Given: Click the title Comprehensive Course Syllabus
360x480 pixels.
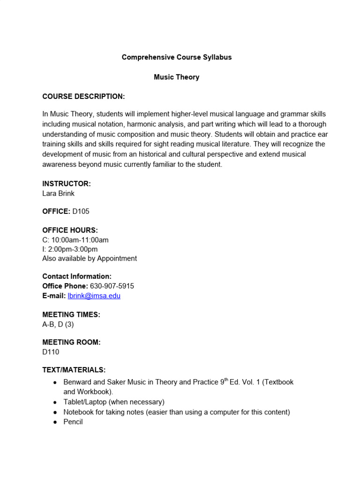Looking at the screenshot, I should [177, 57].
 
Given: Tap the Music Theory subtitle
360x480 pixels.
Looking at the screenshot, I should [177, 77].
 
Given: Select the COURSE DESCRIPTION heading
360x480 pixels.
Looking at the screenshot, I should [83, 97].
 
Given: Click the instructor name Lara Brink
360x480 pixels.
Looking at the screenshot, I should [58, 193].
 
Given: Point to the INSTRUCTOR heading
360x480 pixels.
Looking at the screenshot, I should [67, 184].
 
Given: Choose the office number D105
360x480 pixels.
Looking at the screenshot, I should [81, 211].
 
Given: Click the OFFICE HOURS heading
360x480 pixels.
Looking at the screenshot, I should [70, 230].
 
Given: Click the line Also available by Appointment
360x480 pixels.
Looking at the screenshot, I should [90, 258].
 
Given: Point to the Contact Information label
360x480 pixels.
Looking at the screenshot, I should [77, 277].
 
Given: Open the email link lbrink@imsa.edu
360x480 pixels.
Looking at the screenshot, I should [94, 296].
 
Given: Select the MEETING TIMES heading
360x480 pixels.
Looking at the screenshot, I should [71, 314].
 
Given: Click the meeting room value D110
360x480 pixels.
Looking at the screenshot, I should [51, 352].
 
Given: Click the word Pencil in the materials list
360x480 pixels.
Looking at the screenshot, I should [73, 421].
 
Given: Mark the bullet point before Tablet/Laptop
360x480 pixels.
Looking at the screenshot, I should [55, 402].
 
